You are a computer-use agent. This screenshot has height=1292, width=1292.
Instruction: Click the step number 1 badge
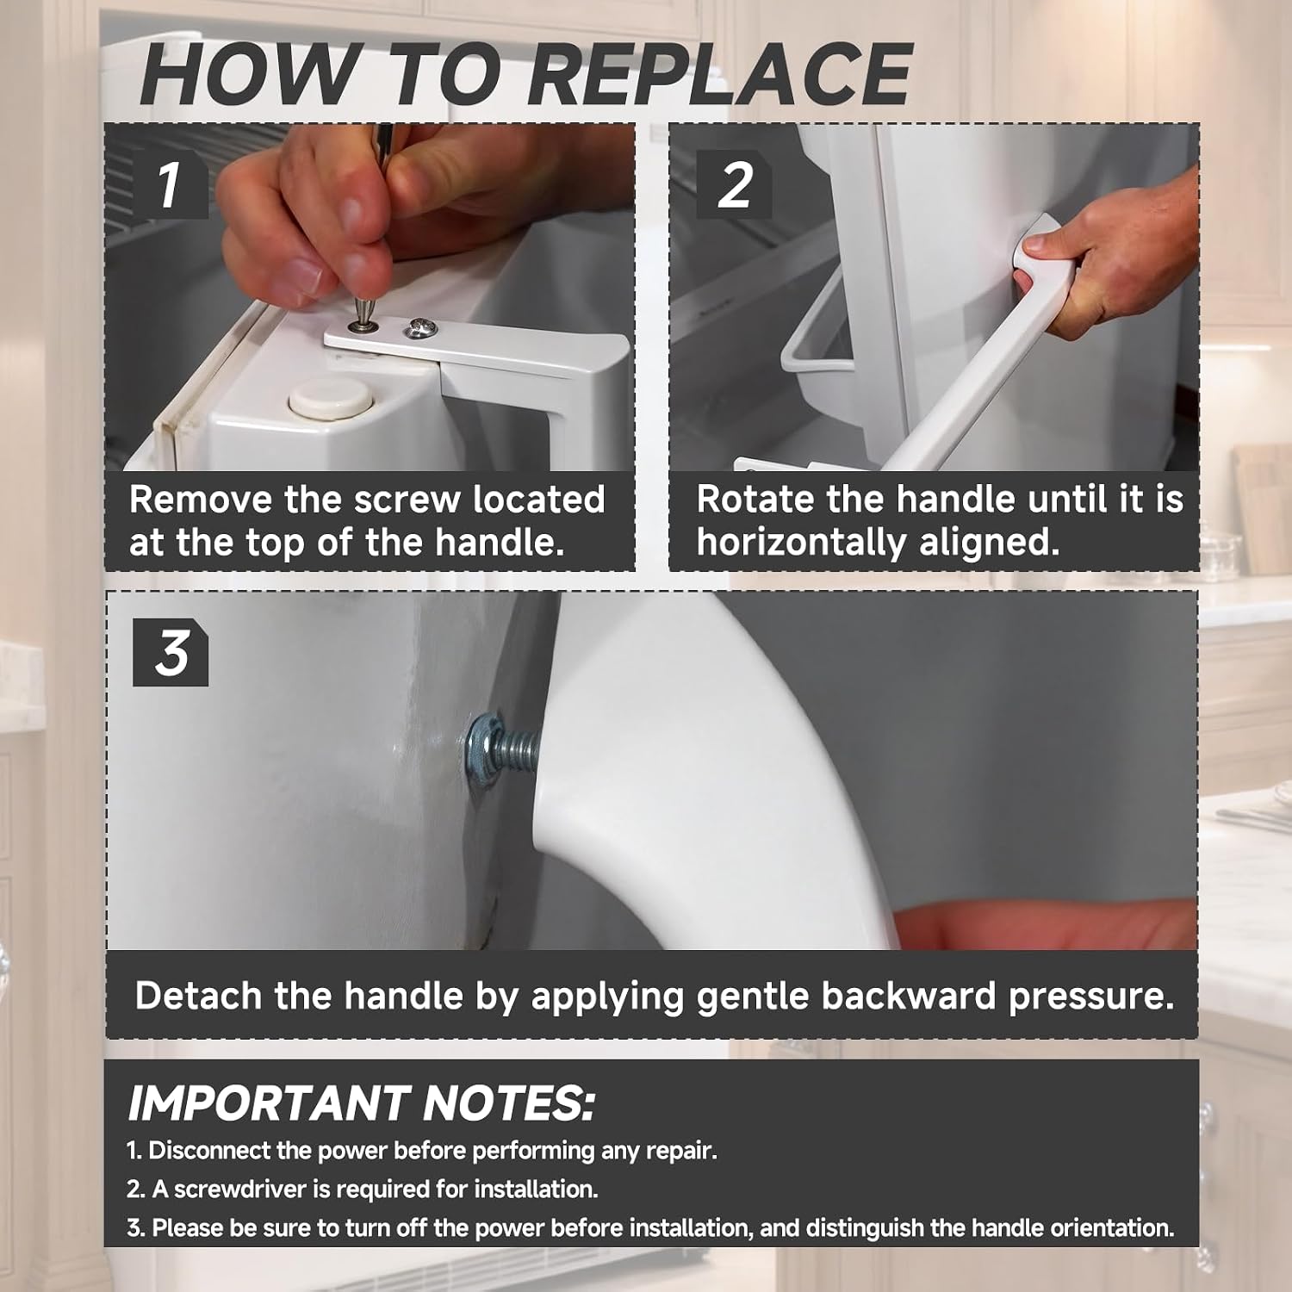coord(171,184)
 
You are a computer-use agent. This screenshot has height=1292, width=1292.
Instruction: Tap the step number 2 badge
coord(734,184)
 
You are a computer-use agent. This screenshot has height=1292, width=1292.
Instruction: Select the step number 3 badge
coord(171,653)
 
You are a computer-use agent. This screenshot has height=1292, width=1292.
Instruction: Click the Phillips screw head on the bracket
coord(421,326)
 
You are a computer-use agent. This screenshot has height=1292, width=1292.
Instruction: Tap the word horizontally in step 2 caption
coord(801,543)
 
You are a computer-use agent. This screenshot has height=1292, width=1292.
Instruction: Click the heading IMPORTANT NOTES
coord(361,1103)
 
